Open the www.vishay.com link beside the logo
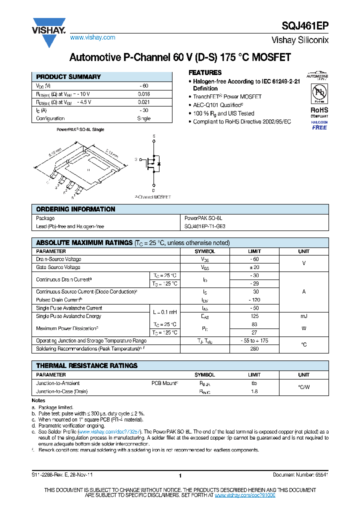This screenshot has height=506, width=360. point(93,37)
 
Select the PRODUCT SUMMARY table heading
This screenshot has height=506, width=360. point(68,77)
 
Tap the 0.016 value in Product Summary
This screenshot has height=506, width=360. point(143,94)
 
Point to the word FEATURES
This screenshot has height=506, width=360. point(205,72)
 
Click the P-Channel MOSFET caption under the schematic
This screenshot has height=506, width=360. point(152,197)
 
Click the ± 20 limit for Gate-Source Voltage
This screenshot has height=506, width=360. point(254,267)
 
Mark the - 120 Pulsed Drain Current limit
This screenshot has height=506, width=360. point(254,300)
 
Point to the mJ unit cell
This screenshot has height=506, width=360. point(303,316)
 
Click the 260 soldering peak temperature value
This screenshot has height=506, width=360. point(254,348)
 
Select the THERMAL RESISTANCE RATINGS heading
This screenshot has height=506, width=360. point(87,365)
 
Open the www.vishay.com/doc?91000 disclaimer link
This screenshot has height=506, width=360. point(245,494)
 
